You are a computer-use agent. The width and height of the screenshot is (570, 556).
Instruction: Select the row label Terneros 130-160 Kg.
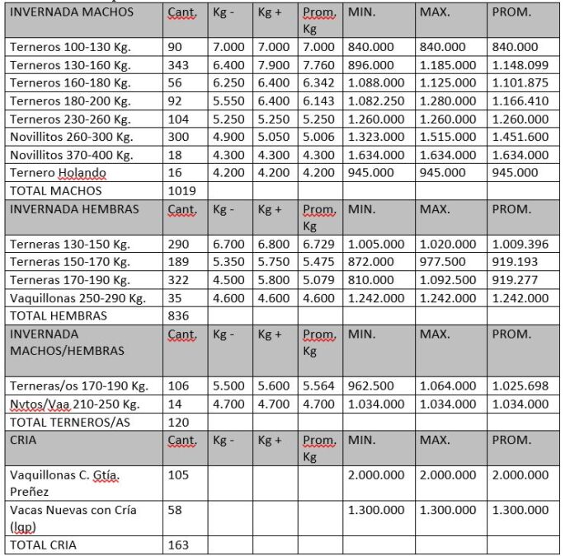click(x=70, y=65)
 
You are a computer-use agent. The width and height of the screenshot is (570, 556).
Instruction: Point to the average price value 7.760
click(x=318, y=65)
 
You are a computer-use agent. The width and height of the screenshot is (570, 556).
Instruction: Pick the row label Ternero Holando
click(x=58, y=173)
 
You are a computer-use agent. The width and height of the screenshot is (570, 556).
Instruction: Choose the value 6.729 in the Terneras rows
click(x=318, y=244)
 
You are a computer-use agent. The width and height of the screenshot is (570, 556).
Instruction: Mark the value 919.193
click(x=516, y=262)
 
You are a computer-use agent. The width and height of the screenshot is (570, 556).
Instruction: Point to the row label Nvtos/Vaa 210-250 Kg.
click(x=74, y=404)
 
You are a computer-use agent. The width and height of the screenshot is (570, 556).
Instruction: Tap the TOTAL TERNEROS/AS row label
click(x=66, y=422)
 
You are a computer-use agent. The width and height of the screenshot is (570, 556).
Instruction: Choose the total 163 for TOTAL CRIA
click(x=179, y=545)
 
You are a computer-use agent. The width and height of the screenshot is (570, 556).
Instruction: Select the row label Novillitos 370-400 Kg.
click(x=72, y=155)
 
